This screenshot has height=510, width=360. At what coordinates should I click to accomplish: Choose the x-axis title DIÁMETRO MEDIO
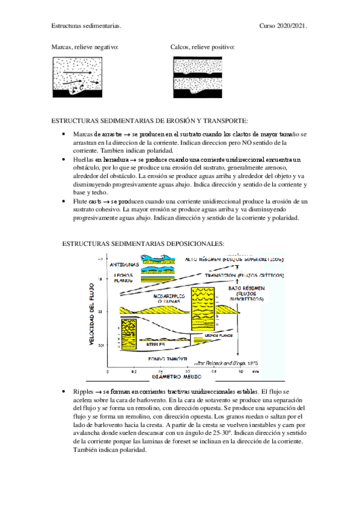coord(175,376)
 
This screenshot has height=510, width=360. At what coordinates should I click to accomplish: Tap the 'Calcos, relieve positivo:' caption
coord(203,46)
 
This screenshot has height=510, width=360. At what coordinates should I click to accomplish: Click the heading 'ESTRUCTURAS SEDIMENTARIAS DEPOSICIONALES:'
coord(143,244)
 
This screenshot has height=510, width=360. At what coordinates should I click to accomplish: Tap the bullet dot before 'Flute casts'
coord(64,201)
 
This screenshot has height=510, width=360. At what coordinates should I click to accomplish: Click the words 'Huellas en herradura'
coord(99,159)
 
